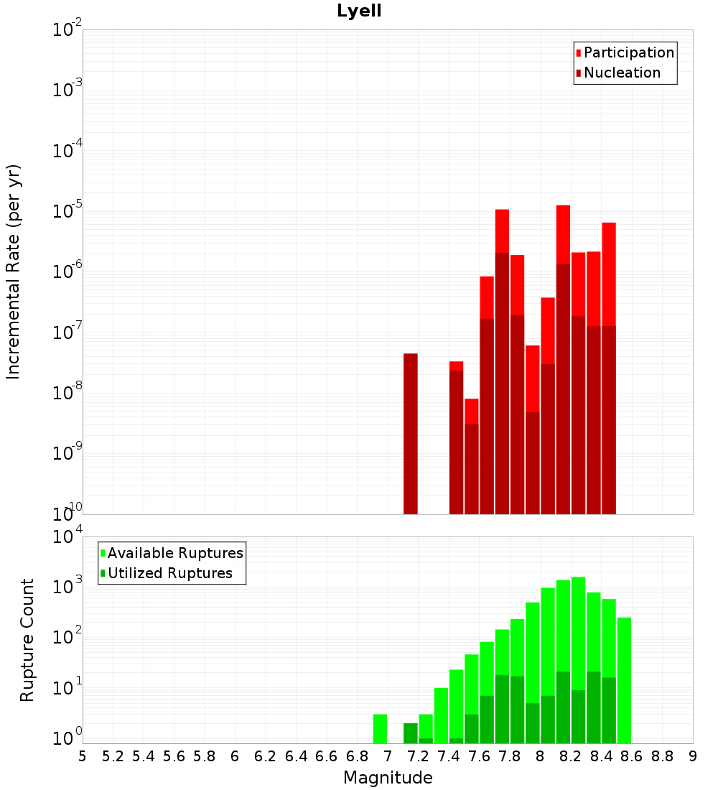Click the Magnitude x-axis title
tap(388, 778)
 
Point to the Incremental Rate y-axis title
tap(14, 271)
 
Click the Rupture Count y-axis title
tap(27, 639)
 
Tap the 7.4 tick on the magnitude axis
tap(449, 756)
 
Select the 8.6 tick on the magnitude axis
tap(632, 756)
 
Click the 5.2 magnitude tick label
tap(113, 756)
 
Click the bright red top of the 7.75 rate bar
tap(502, 231)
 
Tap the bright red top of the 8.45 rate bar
tap(609, 274)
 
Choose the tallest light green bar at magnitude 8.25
tap(578, 632)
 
